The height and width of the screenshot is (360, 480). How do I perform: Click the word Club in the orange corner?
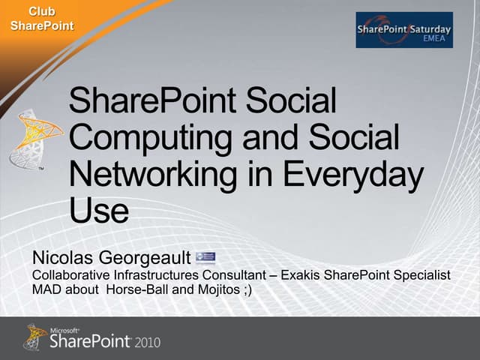(x=41, y=11)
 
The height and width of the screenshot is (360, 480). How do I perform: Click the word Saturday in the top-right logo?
(x=425, y=27)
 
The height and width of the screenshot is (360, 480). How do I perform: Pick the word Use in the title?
(x=98, y=210)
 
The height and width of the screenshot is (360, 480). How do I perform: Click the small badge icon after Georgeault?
(x=205, y=258)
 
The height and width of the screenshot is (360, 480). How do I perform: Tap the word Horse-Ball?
(x=138, y=289)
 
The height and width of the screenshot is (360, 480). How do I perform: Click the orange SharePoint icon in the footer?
(x=35, y=337)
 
